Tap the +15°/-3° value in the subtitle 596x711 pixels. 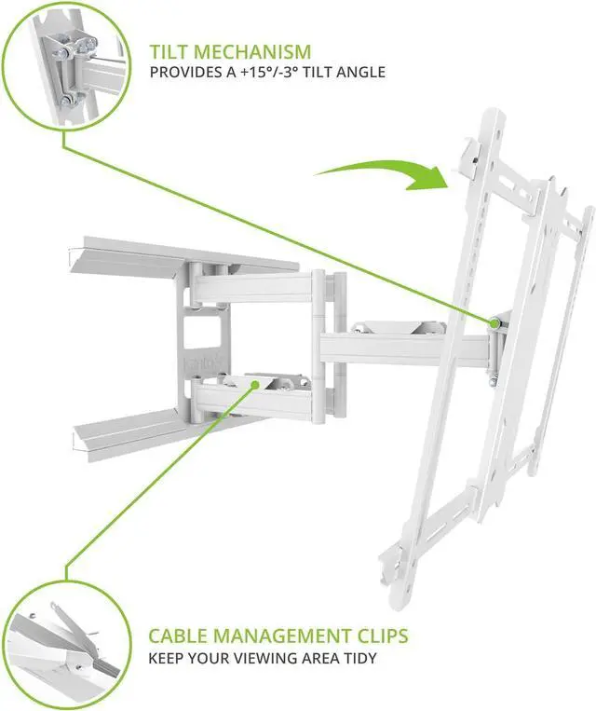coord(263,72)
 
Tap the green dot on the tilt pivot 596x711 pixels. coord(494,321)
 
